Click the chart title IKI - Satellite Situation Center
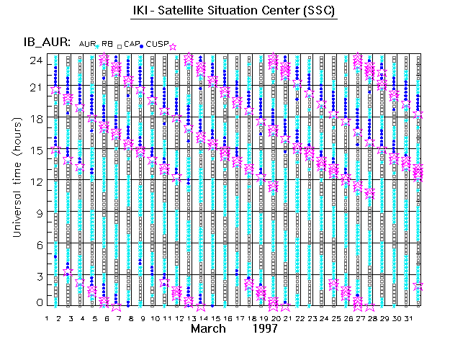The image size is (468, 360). coord(234,12)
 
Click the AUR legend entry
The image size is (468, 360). coord(87,45)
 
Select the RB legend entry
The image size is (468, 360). coord(107,45)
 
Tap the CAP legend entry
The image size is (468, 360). coord(131,45)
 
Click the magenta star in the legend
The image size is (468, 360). coord(172,46)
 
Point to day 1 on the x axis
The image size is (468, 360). coord(47,318)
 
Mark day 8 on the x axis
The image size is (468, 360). coord(130,318)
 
